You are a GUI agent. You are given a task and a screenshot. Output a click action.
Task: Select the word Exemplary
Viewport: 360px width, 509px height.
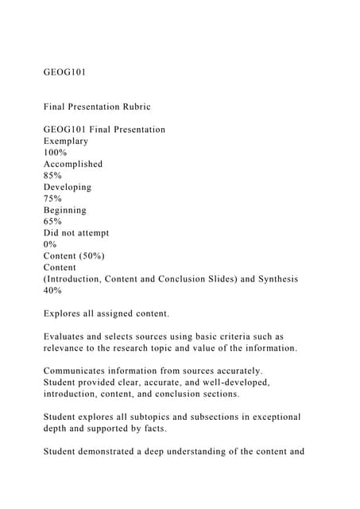pos(67,141)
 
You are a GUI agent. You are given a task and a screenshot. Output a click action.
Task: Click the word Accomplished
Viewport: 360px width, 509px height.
pos(73,164)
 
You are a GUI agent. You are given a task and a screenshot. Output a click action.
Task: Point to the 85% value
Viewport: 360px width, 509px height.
pos(53,176)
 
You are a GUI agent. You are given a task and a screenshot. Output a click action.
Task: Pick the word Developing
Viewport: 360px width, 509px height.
pos(68,187)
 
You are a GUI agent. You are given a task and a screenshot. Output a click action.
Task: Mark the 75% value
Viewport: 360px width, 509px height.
pos(53,199)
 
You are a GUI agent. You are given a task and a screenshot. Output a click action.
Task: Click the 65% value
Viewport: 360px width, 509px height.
pos(53,222)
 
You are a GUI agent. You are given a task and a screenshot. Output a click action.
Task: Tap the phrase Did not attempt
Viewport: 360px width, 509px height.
pos(76,233)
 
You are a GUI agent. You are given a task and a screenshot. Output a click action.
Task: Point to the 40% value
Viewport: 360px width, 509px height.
pos(53,290)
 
